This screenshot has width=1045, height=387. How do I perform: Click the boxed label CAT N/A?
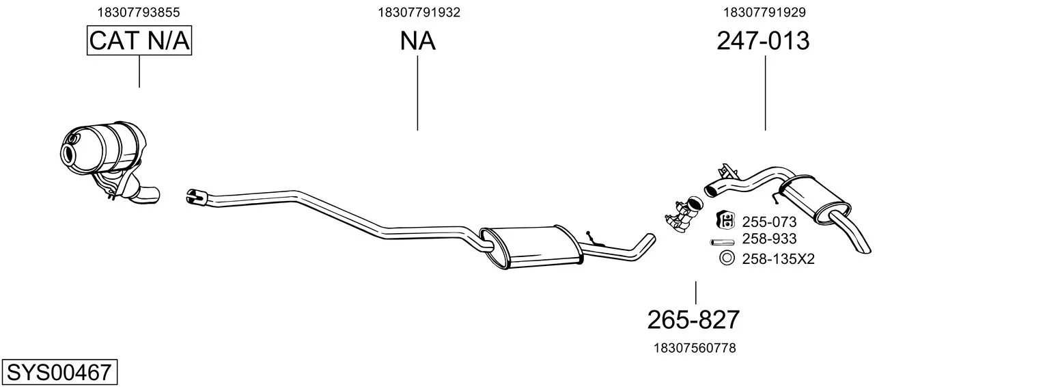[139, 40]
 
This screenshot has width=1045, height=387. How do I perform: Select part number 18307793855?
[139, 12]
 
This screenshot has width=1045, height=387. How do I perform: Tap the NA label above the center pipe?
[417, 41]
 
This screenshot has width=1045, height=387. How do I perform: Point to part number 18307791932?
[419, 12]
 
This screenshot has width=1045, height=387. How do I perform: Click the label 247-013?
[763, 41]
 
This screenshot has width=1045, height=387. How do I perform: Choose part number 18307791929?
[764, 12]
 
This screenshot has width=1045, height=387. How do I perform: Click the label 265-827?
[693, 320]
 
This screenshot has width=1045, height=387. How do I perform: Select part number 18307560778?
[695, 348]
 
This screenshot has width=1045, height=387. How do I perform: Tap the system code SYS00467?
[59, 373]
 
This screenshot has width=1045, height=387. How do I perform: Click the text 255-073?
[769, 222]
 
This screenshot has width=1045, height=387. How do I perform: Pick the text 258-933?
[769, 239]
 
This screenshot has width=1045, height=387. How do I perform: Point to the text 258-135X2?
[778, 258]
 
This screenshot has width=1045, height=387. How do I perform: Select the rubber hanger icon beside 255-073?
[725, 220]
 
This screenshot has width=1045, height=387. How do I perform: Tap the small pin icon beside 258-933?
[722, 242]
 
